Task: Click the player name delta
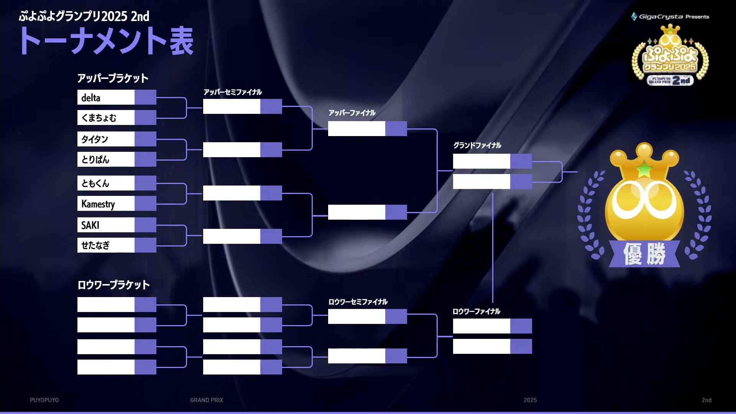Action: tap(91, 98)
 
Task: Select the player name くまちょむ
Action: tap(99, 118)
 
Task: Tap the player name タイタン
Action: tap(95, 139)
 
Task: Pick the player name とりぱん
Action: tap(95, 159)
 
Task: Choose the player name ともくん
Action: tap(95, 184)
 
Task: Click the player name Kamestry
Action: tap(98, 204)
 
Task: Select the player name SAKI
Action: tap(90, 225)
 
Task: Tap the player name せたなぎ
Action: tap(95, 245)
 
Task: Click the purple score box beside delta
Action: tap(145, 97)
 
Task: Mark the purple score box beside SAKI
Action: tap(145, 225)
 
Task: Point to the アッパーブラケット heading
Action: tap(113, 78)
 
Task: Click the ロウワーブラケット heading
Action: tap(113, 285)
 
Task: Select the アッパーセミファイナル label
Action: tap(233, 92)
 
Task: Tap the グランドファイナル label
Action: tap(477, 145)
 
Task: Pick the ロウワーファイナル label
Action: tap(476, 311)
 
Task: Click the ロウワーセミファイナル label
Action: tap(358, 302)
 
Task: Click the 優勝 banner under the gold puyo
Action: tap(644, 254)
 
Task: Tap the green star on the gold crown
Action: tap(644, 169)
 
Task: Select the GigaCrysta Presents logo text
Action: tap(674, 16)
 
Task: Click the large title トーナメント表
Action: tap(107, 41)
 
